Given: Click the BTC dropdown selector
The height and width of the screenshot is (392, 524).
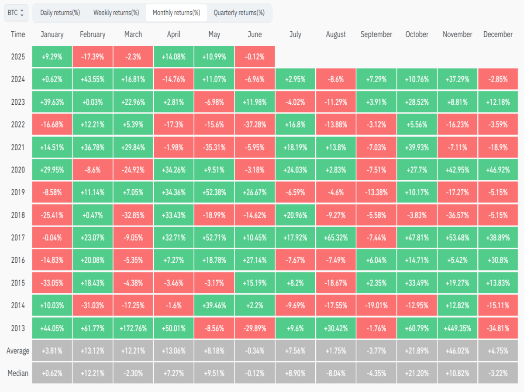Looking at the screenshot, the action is coord(16,13).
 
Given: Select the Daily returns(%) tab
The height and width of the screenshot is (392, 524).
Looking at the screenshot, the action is coord(60,13).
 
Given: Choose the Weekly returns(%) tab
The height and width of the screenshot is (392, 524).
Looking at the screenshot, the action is coord(116,13).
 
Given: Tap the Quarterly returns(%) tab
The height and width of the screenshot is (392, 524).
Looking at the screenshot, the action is coord(239,13).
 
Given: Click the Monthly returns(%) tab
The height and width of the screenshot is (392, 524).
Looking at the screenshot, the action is coord(176,13).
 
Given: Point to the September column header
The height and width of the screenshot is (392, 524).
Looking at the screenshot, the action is coord(376,34).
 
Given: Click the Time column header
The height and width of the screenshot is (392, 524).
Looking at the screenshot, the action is coord(18,34).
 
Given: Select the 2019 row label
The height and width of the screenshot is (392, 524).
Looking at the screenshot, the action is coord(18,193).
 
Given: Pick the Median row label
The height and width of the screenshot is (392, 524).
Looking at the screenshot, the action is coord(18,373).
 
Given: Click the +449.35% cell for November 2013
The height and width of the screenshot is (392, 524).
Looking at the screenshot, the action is coord(457,328).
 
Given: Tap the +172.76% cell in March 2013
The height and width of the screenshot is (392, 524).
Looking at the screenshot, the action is coord(133,328).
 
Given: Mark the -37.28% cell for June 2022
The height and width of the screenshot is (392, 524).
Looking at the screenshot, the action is coord(255,124).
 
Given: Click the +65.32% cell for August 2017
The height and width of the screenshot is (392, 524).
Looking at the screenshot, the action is coord(336,238).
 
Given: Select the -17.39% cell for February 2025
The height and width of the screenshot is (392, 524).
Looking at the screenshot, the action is coord(93,57).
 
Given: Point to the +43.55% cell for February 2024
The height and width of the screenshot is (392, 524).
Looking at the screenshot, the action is coord(93,79).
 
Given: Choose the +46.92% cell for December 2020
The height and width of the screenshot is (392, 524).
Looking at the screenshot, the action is coord(498,170).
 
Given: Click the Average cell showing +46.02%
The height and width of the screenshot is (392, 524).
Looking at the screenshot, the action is coord(457,351).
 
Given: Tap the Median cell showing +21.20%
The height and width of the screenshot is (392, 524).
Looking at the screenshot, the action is coord(417,373).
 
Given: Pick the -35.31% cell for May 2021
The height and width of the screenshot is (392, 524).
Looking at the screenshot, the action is coord(214,148).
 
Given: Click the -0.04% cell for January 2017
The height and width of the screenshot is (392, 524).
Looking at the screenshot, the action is coord(52,238).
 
